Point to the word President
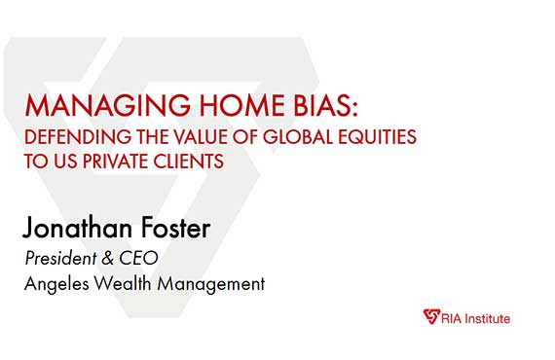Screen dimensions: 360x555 61,260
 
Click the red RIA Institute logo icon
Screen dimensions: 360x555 431,317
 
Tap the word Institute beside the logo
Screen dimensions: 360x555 485,318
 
